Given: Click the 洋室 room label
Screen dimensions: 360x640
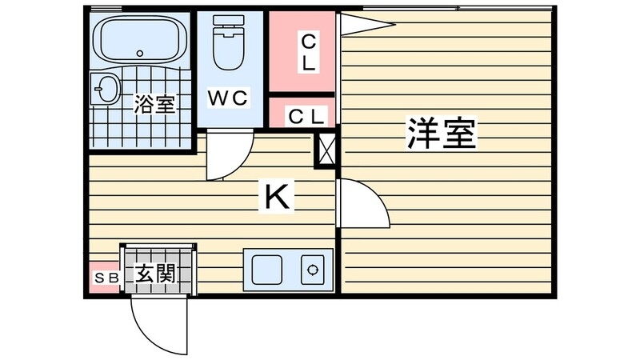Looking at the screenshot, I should pos(442,134).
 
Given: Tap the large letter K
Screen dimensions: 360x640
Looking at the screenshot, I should pos(278,196).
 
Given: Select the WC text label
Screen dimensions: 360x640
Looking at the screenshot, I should pos(229,98).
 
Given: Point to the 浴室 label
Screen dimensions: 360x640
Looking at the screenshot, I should pos(154,104).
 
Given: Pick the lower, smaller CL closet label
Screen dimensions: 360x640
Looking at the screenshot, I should pos(306,115).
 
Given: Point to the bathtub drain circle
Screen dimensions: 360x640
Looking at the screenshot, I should pos(141,54).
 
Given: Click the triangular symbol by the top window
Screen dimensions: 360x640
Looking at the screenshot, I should pos(364,24).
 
